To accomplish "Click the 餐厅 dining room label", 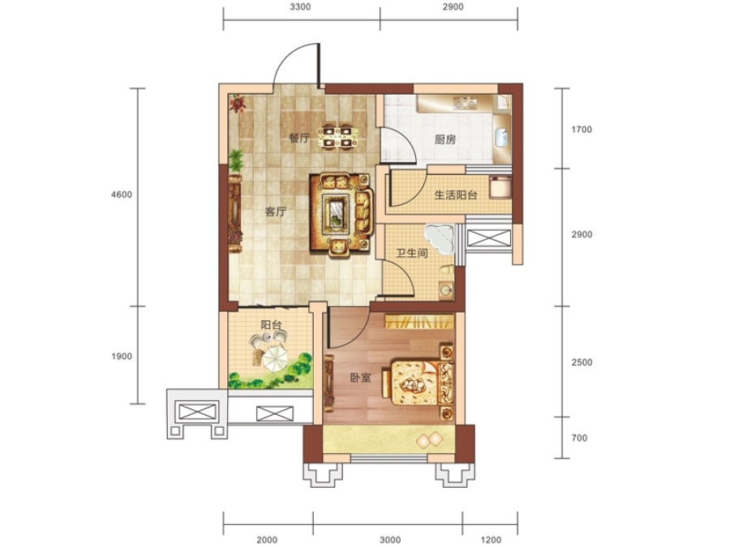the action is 298,138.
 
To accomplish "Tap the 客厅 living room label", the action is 275,212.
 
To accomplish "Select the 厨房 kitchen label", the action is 445,139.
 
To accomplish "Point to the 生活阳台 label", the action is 456,194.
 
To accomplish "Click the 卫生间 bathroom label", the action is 411,254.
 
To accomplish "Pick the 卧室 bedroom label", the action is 361,378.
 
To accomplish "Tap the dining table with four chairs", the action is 337,136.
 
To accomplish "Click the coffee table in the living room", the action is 337,212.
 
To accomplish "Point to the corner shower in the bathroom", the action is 439,240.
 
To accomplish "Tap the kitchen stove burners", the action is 465,103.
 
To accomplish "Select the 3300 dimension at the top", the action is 300,7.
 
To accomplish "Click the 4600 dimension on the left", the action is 122,194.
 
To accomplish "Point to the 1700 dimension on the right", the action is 582,130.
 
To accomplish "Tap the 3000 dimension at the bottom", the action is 390,540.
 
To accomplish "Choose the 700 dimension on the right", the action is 579,438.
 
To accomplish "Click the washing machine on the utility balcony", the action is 500,187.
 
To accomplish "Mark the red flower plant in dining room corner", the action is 238,103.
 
